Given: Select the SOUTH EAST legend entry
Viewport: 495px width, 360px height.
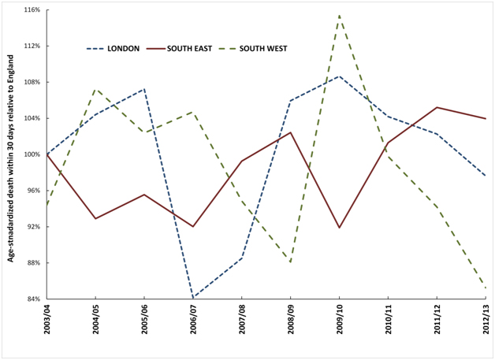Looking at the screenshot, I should pyautogui.click(x=198, y=49).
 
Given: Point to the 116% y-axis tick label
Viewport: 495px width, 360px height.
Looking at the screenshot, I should pyautogui.click(x=32, y=10).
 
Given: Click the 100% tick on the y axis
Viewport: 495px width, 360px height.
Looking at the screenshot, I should pyautogui.click(x=32, y=154).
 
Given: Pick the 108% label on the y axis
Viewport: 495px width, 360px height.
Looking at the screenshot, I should pyautogui.click(x=32, y=82).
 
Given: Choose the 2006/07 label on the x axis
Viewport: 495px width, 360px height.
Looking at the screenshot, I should pyautogui.click(x=193, y=327).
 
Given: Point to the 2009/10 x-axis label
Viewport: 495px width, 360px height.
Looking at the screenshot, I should pyautogui.click(x=339, y=327).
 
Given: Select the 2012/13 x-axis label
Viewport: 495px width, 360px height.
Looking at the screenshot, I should pyautogui.click(x=485, y=327).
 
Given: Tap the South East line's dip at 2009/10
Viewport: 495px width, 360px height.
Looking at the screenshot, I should pyautogui.click(x=339, y=228).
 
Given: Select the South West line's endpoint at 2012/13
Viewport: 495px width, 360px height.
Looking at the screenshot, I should pyautogui.click(x=485, y=288).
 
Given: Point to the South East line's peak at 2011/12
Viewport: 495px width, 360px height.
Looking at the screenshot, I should pyautogui.click(x=437, y=107).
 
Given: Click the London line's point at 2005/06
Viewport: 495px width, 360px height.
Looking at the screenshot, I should pyautogui.click(x=144, y=89).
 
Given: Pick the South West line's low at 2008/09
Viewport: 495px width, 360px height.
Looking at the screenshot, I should pyautogui.click(x=291, y=262).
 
